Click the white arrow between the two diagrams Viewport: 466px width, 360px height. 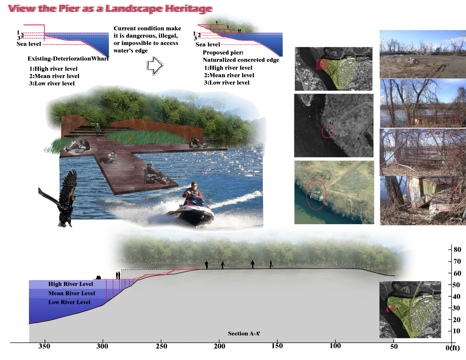pos(155,66)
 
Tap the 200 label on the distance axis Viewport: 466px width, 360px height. pos(219,346)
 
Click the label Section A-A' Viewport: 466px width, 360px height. pos(244,333)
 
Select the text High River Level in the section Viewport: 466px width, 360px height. pos(71,284)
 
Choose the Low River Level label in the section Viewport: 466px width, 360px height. pos(69,302)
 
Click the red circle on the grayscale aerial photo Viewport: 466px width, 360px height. pos(328,131)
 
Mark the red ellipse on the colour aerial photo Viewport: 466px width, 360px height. pos(316,195)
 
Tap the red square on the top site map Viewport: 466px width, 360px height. pos(322,65)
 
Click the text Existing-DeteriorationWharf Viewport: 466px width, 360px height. pos(68,59)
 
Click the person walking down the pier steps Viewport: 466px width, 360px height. pos(97,130)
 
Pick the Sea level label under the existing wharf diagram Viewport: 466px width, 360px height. pos(29,44)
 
